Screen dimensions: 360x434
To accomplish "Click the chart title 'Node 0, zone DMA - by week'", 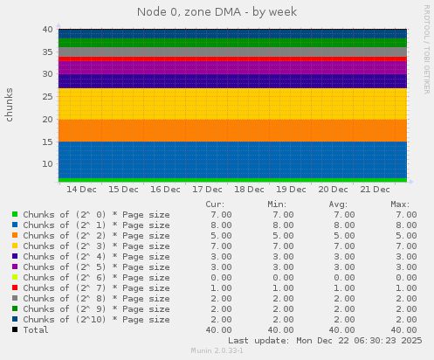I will coord(217,12).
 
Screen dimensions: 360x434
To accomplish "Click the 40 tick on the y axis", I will coord(48,30).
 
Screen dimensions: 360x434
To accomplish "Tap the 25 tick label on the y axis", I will coord(48,97).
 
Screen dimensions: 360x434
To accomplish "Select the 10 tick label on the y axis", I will coord(48,164).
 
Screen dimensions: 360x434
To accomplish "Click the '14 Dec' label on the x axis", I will coord(81,189).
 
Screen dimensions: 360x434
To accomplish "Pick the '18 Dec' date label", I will coord(249,189).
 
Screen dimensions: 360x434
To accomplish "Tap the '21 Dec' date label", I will coord(375,189).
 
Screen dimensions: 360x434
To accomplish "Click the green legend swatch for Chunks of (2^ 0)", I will coord(15,214).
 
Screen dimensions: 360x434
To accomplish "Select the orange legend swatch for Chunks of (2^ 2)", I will coord(15,235).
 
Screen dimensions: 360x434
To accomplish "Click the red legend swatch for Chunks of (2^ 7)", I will coord(15,287).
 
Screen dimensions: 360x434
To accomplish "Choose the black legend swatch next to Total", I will coord(15,330).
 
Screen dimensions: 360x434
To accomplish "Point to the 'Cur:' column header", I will coord(214,204).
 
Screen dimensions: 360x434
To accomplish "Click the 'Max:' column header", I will coord(400,204).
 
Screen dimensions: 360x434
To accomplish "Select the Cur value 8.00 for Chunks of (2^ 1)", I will coord(221,225).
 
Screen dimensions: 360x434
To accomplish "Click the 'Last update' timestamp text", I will coord(324,340).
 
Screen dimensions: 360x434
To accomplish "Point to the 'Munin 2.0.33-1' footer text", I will coord(217,350).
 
